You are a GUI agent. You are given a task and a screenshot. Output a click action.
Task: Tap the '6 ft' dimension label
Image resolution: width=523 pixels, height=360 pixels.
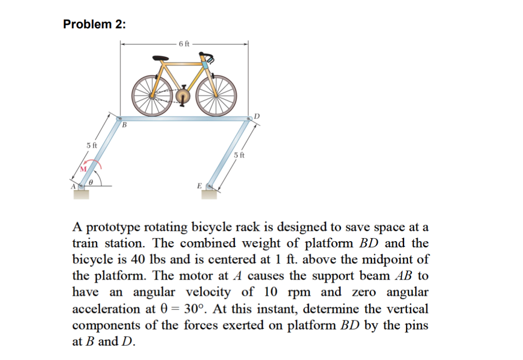coord(185,43)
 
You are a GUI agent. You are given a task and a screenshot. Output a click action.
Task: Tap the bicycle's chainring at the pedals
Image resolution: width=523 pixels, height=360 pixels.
coord(182,96)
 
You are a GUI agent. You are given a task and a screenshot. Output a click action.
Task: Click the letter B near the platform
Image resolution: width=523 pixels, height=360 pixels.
coord(125,125)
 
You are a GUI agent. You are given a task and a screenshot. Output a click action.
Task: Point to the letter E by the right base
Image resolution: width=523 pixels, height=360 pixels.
coord(199,185)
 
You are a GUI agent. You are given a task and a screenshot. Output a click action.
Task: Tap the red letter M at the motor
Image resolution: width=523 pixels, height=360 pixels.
coord(83,169)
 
